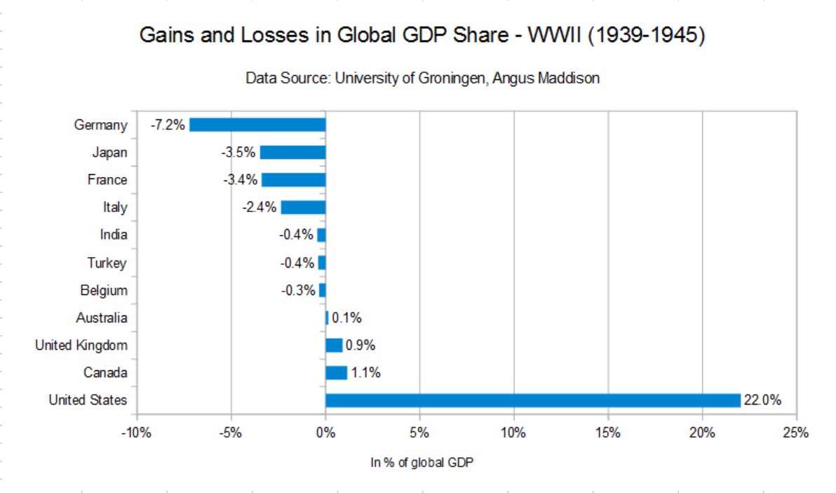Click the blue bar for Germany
click(x=257, y=125)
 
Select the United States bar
click(x=533, y=400)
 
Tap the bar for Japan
click(x=292, y=152)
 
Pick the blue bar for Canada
click(x=336, y=373)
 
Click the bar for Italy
click(x=303, y=207)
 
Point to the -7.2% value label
click(x=168, y=125)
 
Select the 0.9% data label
click(x=360, y=346)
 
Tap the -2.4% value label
click(x=259, y=207)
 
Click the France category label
click(x=107, y=180)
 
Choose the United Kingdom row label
click(x=81, y=345)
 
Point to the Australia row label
click(x=102, y=318)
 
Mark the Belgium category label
click(x=104, y=290)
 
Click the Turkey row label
click(x=107, y=263)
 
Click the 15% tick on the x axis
click(x=608, y=433)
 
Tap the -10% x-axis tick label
click(x=136, y=433)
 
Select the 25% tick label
click(x=796, y=433)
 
